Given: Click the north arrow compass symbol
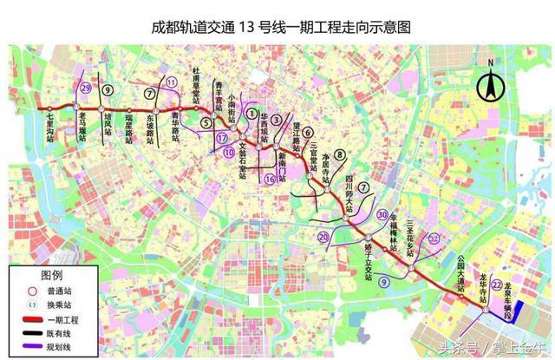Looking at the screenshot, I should [x=491, y=83].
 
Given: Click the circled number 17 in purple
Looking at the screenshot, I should [x=223, y=137].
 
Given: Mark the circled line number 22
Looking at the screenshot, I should [x=496, y=285].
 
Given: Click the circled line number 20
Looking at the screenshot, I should [x=323, y=236].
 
